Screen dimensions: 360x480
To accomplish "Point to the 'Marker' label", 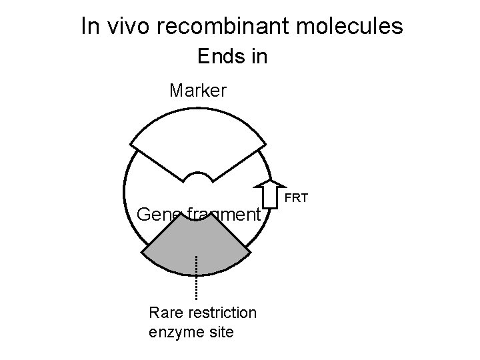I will coord(198,90).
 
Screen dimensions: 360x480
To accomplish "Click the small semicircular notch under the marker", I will coord(198,177).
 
